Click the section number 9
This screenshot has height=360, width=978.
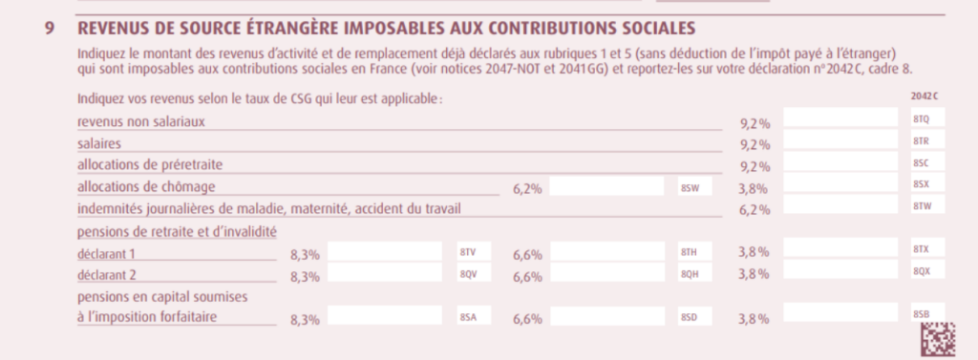click(x=50, y=29)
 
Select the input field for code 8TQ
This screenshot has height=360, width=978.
click(x=840, y=117)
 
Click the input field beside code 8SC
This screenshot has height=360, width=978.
click(x=840, y=162)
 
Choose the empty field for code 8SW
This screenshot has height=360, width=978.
click(x=606, y=186)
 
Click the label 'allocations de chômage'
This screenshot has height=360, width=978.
click(x=146, y=186)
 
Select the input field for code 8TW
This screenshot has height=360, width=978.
click(x=840, y=204)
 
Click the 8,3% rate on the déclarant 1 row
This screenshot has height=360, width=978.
click(x=305, y=255)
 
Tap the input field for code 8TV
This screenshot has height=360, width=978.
click(x=385, y=251)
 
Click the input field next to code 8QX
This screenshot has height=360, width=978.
click(x=840, y=269)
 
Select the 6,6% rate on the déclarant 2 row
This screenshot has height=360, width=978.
click(x=527, y=277)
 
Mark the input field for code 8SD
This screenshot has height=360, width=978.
click(x=607, y=316)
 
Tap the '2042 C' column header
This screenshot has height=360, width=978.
click(x=925, y=96)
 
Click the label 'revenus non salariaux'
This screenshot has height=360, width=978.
click(x=141, y=121)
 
